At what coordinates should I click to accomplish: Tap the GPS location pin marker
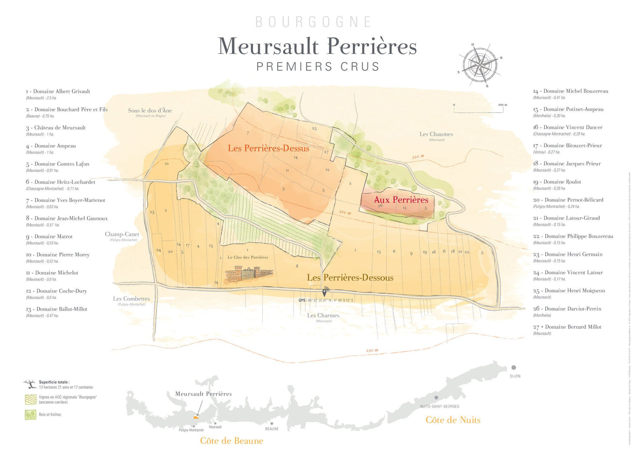pos(325,292)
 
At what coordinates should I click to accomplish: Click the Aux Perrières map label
pos(401,200)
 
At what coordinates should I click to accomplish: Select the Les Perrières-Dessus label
pos(268,149)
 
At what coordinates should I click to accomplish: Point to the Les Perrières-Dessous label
pos(350,278)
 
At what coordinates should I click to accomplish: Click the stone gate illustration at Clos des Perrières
pos(249,274)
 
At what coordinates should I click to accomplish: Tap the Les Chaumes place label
pos(436,134)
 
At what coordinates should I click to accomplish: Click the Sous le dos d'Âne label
pos(150,111)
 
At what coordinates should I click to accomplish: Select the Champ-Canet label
pos(122,234)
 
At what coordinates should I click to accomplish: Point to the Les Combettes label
pos(131,299)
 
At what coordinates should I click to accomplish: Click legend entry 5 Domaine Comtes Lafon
pos(58,164)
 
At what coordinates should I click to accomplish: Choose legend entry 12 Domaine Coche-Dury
pos(57,291)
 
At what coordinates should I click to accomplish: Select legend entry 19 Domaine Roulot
pos(557,182)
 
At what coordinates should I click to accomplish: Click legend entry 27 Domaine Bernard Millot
pos(567,327)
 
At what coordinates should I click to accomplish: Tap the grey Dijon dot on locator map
pos(513,367)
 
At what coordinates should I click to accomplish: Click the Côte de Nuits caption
pos(453,420)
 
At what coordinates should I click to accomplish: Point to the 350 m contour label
pos(418,157)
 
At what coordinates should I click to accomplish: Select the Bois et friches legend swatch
pos(30,414)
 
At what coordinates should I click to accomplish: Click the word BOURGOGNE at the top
pos(313,22)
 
